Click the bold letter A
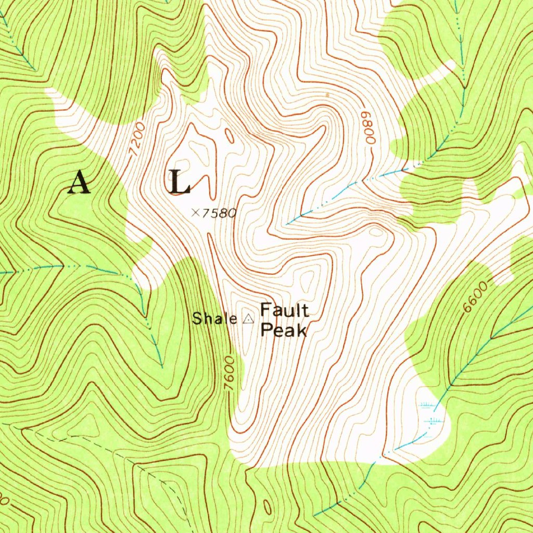(x=79, y=182)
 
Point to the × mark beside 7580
(x=195, y=212)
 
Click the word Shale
(x=214, y=319)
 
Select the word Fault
(x=284, y=311)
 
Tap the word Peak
(x=283, y=330)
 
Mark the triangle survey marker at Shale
(x=248, y=319)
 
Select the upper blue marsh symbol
(x=427, y=404)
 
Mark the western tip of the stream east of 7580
(x=287, y=224)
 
